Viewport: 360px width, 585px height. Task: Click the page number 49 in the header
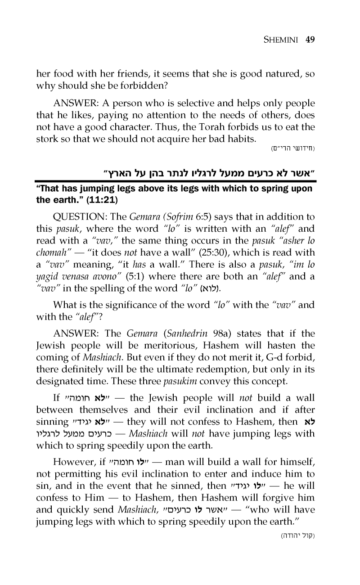pyautogui.click(x=309, y=39)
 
